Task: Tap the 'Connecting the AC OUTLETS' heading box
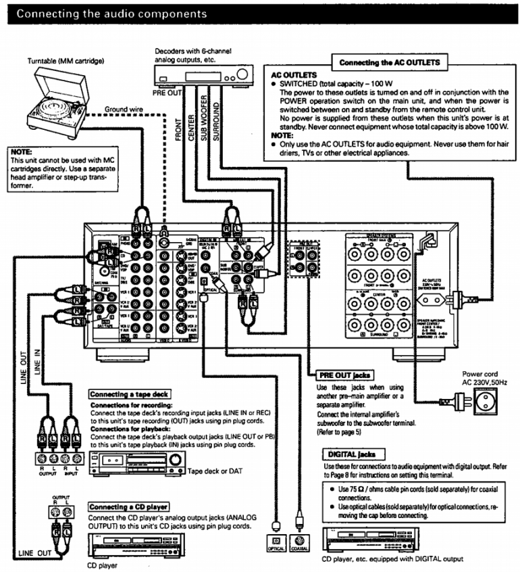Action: [389, 62]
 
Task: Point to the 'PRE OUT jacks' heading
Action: [344, 375]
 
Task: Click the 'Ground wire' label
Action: [123, 109]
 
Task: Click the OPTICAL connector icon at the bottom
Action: [276, 541]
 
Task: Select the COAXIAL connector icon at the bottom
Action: [299, 541]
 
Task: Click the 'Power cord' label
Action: [480, 373]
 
